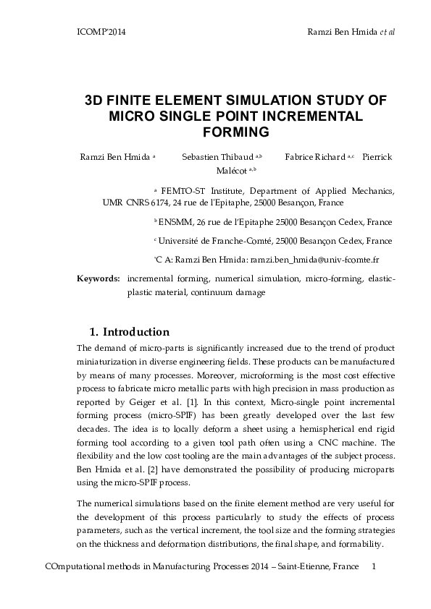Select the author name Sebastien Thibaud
tap(217, 156)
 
